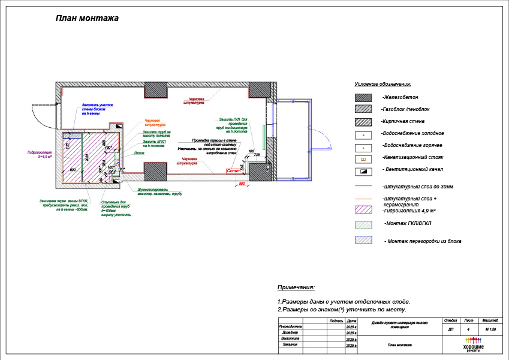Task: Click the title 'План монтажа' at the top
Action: [x=87, y=18]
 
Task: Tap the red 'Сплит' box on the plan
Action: [x=234, y=172]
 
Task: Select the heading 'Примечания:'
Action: [x=296, y=288]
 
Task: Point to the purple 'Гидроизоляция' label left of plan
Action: [x=40, y=154]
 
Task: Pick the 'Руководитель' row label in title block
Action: [x=291, y=326]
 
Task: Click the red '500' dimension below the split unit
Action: [x=242, y=182]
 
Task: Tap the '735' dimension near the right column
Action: [x=257, y=155]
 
